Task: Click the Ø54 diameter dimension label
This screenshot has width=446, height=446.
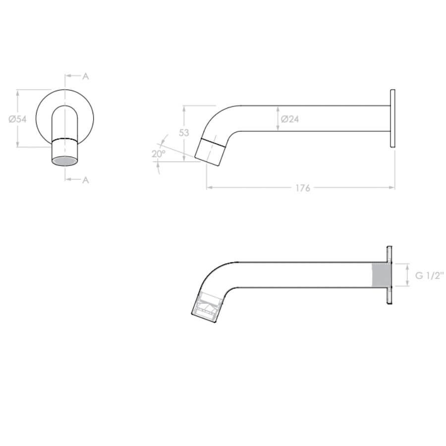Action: (x=17, y=119)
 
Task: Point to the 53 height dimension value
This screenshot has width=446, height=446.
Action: (x=184, y=133)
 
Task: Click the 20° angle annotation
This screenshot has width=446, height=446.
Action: (x=158, y=154)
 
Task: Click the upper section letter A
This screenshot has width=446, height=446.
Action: (x=85, y=76)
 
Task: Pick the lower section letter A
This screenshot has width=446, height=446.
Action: (x=85, y=180)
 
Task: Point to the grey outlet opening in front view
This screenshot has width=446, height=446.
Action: (x=65, y=161)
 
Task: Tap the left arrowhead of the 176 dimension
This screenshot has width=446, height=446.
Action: (x=209, y=188)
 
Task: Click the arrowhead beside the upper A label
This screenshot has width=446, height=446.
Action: (x=68, y=76)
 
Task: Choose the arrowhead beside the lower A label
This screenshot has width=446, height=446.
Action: (x=68, y=180)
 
